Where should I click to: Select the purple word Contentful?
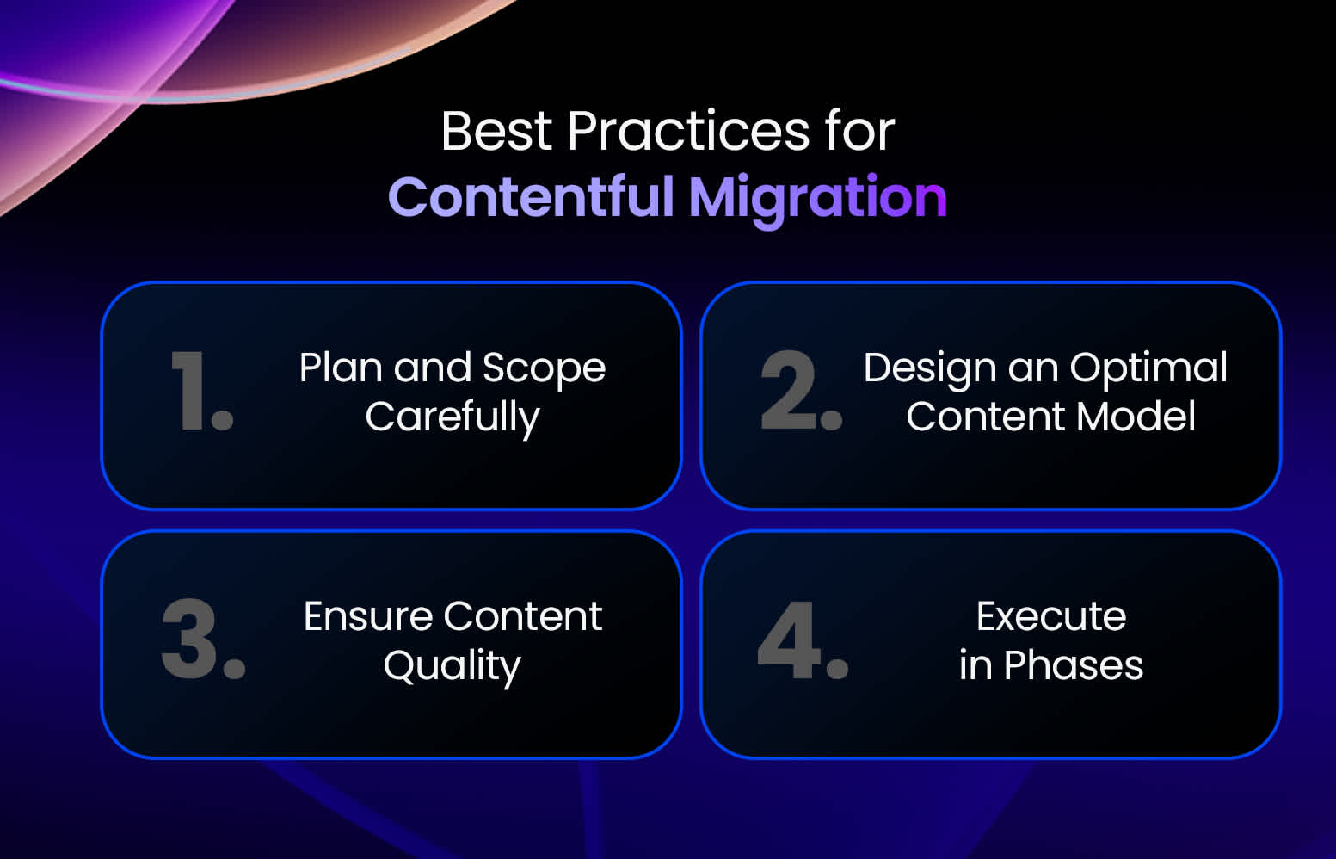click(531, 197)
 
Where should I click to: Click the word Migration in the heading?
click(817, 197)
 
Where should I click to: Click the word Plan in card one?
click(340, 368)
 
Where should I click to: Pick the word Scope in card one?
click(544, 368)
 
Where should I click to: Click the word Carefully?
click(453, 418)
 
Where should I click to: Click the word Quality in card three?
click(453, 666)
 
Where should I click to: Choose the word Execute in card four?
click(1050, 617)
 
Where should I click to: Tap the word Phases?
click(1074, 666)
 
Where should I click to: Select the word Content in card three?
click(522, 617)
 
